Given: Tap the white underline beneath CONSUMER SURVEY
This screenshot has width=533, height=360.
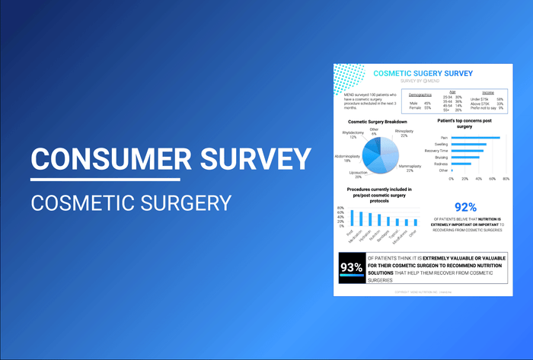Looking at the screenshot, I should pyautogui.click(x=105, y=180).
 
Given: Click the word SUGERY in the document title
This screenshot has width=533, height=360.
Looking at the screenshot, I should pyautogui.click(x=435, y=73).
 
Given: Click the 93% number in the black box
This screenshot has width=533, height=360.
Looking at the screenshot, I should pyautogui.click(x=351, y=267).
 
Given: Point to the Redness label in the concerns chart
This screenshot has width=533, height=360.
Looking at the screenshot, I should pyautogui.click(x=442, y=164).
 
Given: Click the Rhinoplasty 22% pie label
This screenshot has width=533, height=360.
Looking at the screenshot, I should pyautogui.click(x=405, y=133).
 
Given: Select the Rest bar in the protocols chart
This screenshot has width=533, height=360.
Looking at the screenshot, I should pyautogui.click(x=352, y=218).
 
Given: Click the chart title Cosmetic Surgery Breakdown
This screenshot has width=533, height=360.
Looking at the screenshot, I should pyautogui.click(x=378, y=122).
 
